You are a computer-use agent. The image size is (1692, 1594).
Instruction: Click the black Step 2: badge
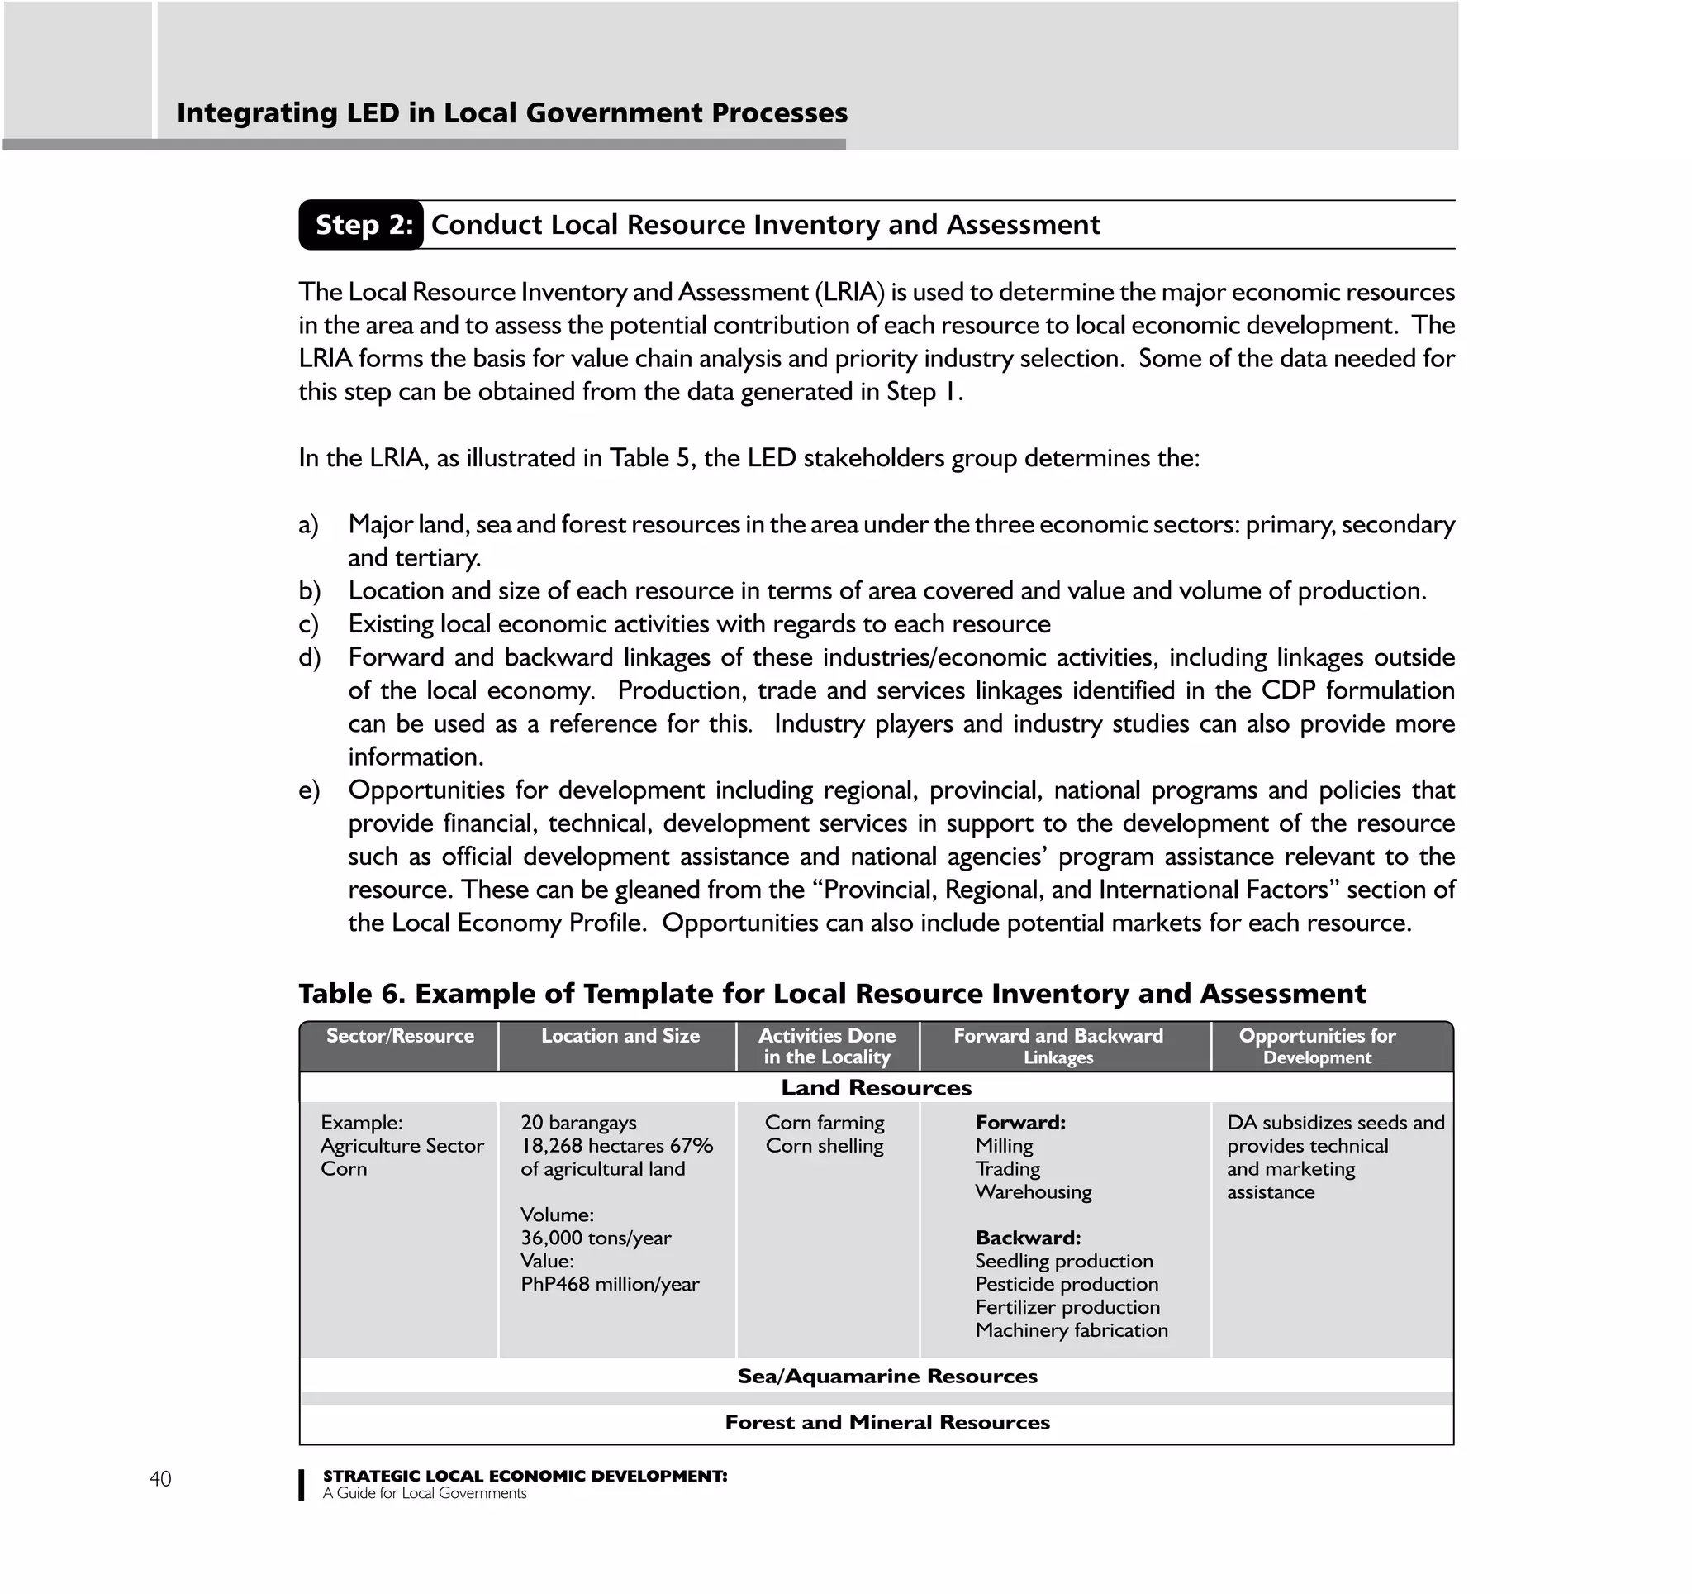(362, 225)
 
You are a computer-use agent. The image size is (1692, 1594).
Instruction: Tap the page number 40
(160, 1478)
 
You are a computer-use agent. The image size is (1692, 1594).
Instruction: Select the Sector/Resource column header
(399, 1036)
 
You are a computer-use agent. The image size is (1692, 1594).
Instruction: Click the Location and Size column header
(620, 1036)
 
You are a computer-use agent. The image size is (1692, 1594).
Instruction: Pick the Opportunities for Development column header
(1317, 1047)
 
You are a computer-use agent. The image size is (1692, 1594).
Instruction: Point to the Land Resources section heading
(876, 1087)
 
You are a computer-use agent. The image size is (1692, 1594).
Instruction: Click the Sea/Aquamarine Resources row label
(886, 1376)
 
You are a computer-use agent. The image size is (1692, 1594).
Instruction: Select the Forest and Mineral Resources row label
(886, 1422)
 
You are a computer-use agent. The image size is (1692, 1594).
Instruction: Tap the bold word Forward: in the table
(1019, 1122)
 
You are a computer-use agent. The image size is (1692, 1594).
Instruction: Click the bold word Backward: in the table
(1027, 1237)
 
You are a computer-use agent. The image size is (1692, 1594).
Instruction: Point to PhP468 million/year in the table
(610, 1284)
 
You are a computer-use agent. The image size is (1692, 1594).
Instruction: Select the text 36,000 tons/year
(595, 1238)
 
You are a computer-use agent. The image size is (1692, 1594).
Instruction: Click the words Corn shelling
(824, 1146)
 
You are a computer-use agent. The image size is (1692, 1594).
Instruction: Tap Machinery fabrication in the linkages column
(1071, 1330)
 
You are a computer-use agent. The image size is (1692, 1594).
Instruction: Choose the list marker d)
(309, 657)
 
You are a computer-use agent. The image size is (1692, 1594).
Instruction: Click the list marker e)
(309, 790)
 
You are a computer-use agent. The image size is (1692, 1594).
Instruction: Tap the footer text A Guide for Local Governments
(424, 1493)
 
